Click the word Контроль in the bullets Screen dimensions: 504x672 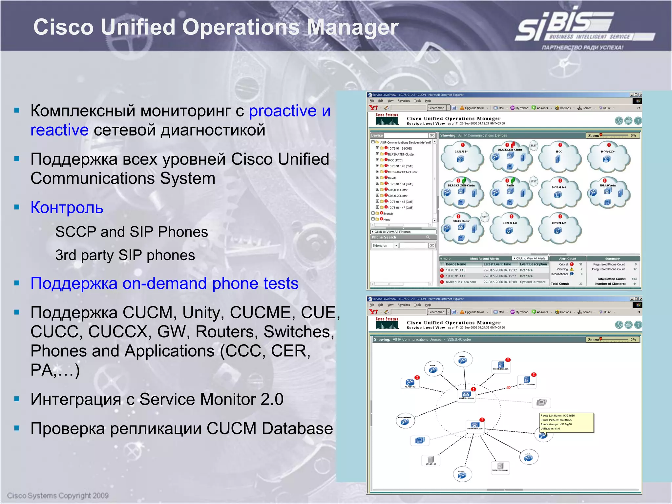[x=67, y=207]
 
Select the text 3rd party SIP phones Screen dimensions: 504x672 [x=125, y=255]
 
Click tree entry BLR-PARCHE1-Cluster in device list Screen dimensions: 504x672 [x=402, y=172]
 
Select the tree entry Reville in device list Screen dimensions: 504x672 [x=392, y=178]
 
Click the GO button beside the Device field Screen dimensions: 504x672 [x=432, y=135]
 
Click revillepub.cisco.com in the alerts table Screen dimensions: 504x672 [x=461, y=282]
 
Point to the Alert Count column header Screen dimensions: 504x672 [x=567, y=259]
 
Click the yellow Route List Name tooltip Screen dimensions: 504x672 [x=566, y=422]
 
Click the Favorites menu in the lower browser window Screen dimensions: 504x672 [x=404, y=305]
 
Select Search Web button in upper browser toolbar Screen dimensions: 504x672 [x=436, y=108]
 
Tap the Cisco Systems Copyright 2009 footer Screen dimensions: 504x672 [x=58, y=495]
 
